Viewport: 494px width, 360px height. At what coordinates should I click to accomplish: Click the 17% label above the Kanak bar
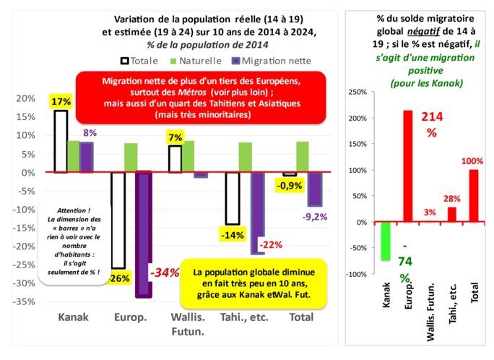(61, 102)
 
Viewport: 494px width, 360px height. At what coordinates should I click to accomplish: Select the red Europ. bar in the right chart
(408, 166)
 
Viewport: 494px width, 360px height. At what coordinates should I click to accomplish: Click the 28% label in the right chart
(453, 198)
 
